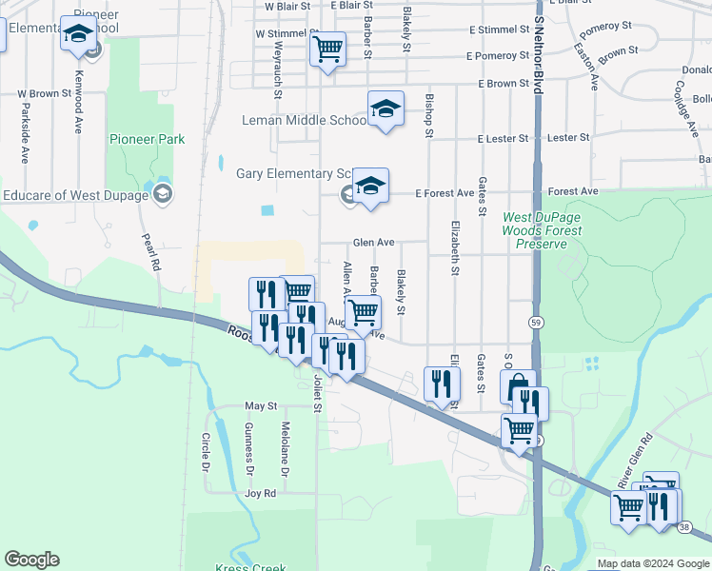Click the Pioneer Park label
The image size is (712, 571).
(148, 139)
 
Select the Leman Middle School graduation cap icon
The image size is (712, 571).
(386, 109)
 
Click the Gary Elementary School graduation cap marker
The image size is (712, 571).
(370, 186)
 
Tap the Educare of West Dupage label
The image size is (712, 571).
(76, 196)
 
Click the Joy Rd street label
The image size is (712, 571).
(260, 494)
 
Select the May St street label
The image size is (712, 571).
(260, 406)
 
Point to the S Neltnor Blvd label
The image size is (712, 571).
(539, 48)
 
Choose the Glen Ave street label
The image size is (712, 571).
(373, 243)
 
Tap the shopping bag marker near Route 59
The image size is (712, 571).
(518, 386)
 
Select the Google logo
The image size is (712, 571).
(31, 560)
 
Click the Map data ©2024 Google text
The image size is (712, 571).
(652, 563)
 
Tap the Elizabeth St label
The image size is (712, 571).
(456, 252)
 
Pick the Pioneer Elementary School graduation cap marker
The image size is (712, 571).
(78, 34)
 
